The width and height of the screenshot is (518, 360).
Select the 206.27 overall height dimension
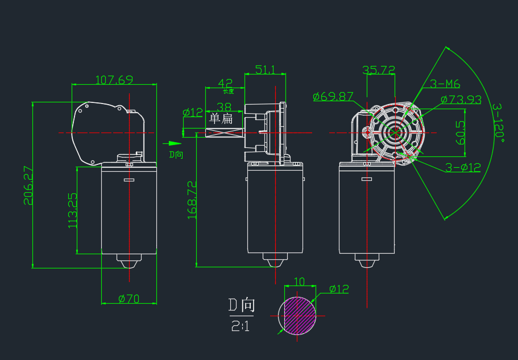(27, 185)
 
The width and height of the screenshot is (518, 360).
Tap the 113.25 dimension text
(72, 210)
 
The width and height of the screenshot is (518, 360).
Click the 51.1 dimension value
(265, 69)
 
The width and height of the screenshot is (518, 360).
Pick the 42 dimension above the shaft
(225, 83)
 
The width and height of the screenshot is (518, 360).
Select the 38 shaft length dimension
(224, 106)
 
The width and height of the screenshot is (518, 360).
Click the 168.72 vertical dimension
(191, 200)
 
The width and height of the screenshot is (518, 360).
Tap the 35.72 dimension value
(379, 69)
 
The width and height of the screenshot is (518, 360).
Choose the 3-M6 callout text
(445, 84)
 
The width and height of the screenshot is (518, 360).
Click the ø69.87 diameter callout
(333, 96)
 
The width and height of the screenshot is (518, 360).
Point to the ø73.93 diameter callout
(461, 100)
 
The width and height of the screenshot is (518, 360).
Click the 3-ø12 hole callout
(463, 167)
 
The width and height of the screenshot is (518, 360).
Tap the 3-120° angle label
(499, 123)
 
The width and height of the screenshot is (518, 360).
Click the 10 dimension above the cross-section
(300, 282)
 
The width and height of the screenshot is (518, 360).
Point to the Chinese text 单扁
(221, 119)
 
